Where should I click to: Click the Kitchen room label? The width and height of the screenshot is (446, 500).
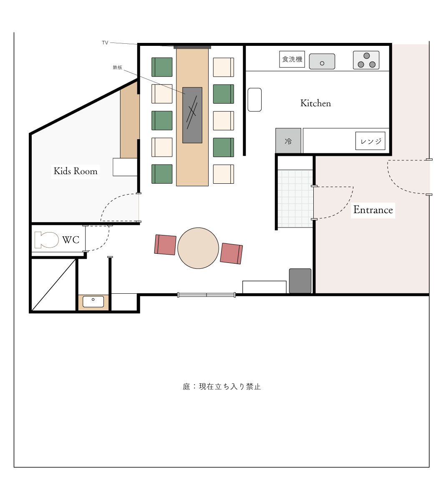coord(315,103)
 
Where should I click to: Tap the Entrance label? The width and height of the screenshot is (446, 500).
coord(373,210)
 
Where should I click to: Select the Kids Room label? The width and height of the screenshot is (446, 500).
coord(76,171)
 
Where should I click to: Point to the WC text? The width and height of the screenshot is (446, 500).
coord(71,240)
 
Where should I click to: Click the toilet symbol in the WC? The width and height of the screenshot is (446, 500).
coord(46,240)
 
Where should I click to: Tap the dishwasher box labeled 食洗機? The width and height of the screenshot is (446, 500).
coord(292,59)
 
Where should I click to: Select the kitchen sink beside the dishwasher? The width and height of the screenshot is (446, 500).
coord(322,61)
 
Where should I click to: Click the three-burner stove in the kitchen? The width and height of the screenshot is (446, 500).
coord(366,60)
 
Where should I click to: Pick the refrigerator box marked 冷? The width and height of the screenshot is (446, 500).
coord(288,141)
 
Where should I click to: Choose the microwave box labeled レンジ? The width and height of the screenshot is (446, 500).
coord(370,141)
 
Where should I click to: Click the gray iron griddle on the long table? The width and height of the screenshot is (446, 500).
coord(192,115)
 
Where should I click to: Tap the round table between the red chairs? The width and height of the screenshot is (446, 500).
coord(198,248)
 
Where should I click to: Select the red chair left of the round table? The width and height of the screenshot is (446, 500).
coord(165,245)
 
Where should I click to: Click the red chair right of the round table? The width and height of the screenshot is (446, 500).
coord(231,253)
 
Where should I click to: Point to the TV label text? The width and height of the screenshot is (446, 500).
coord(105,42)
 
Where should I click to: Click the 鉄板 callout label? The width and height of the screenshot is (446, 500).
coord(117,67)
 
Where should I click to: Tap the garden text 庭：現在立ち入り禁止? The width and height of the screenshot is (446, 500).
coord(222,387)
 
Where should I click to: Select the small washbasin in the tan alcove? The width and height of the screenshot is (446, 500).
coord(93,302)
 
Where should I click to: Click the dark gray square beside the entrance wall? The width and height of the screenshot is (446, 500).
coord(300,281)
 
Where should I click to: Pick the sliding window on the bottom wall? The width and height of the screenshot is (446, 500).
coord(207,295)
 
